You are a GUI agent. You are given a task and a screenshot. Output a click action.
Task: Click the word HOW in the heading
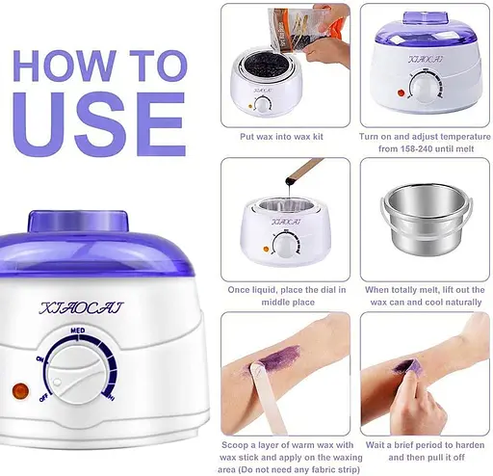65,66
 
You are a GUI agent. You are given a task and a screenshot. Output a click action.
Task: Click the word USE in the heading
99,124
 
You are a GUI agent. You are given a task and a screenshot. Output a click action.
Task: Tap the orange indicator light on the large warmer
20,391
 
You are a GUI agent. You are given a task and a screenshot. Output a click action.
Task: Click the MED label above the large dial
78,331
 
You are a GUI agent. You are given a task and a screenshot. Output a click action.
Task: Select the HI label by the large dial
111,398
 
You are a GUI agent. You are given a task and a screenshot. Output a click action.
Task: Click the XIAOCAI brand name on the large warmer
81,307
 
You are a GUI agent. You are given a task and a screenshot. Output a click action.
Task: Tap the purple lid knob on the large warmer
78,221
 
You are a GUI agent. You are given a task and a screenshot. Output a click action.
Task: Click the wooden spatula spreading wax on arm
268,397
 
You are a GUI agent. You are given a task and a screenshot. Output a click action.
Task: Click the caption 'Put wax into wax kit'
281,137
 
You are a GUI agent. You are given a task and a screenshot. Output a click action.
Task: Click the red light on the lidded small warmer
401,93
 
